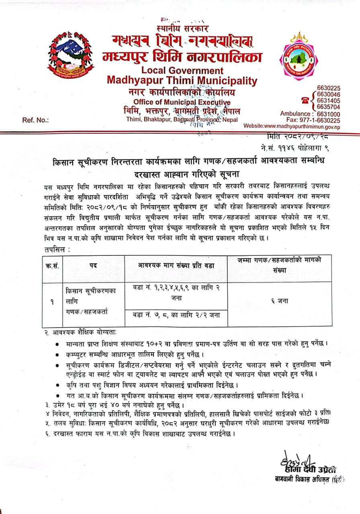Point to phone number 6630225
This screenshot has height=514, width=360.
(328, 88)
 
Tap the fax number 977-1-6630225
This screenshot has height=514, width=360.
(319, 120)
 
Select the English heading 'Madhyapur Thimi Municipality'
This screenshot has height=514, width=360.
(182, 80)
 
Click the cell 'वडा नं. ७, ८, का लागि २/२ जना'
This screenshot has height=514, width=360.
(176, 315)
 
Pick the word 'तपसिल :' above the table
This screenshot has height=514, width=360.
(58, 249)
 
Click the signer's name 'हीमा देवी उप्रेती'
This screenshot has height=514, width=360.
(308, 470)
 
